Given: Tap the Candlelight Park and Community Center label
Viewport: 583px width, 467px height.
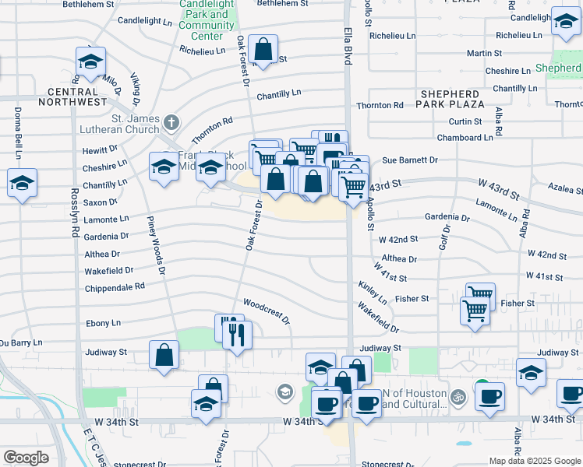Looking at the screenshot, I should (x=207, y=19).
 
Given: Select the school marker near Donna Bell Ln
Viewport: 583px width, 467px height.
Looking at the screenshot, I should (x=22, y=184).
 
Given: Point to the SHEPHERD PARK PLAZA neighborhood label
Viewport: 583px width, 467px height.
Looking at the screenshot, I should (x=451, y=99).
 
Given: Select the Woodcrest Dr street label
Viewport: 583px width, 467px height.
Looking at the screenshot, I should (x=266, y=311).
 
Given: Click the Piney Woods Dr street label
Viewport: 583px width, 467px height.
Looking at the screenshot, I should (x=155, y=245).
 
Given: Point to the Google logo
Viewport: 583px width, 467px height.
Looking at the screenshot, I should (x=26, y=458).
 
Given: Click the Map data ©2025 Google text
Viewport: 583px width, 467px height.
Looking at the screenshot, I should (x=534, y=461).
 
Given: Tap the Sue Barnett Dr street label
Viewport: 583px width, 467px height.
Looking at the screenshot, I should (x=409, y=160).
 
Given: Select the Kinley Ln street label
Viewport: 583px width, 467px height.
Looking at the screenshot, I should (x=373, y=293).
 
